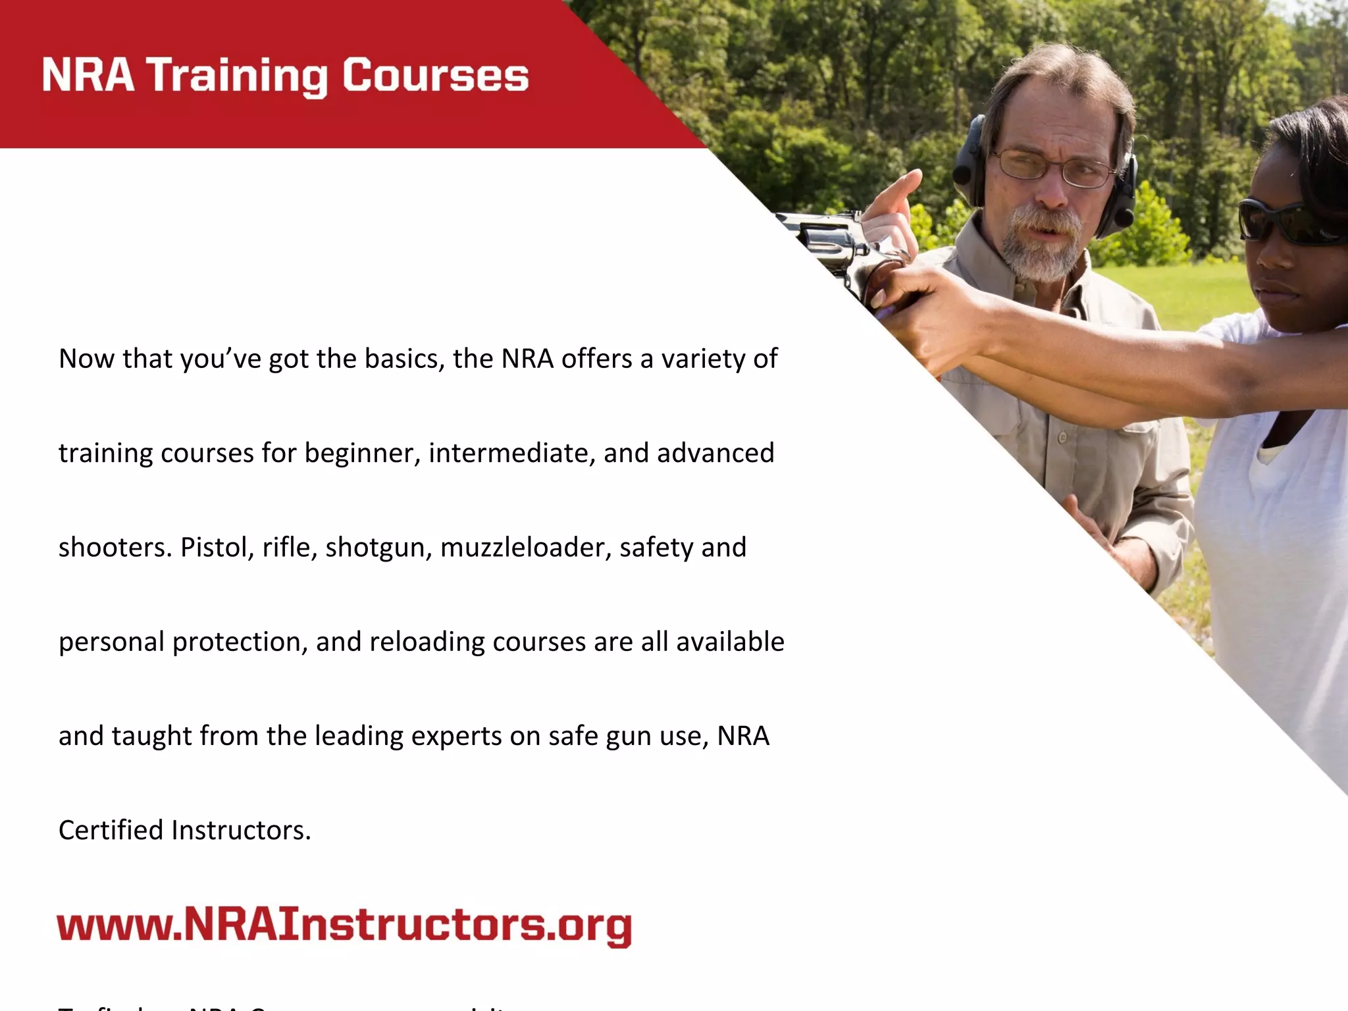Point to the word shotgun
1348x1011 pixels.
point(378,548)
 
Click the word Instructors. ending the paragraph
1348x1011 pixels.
point(241,830)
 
